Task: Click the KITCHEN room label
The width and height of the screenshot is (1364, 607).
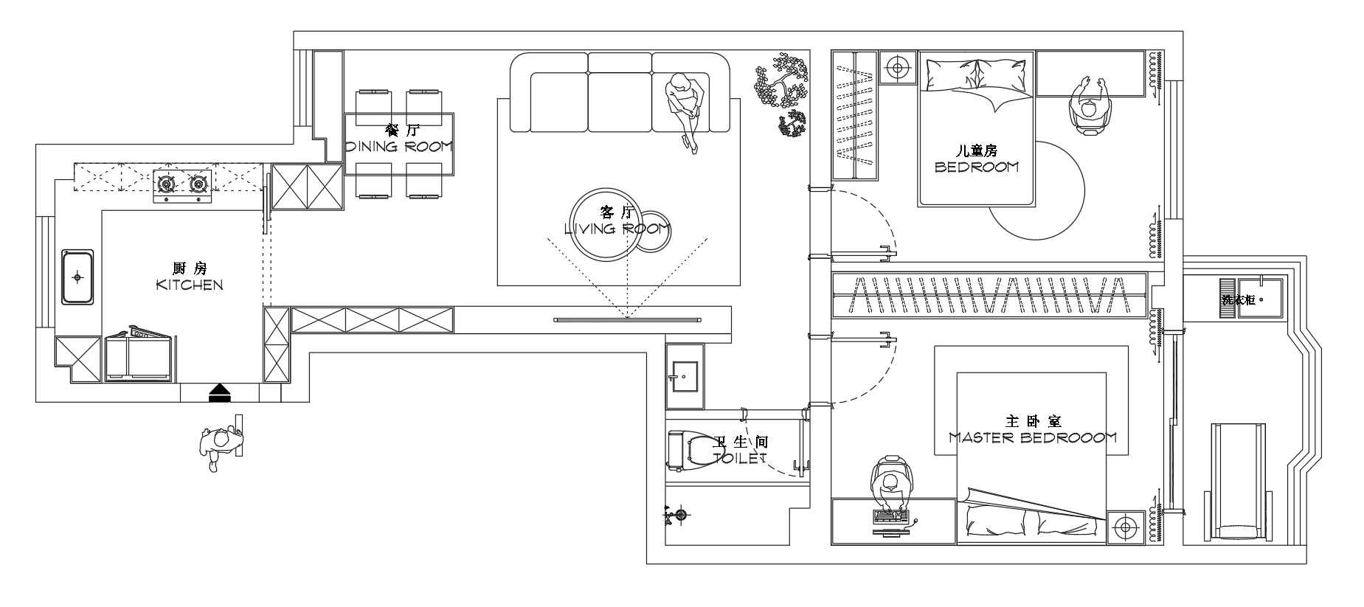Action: coord(190,285)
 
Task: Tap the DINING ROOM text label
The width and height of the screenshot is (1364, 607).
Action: coord(399,146)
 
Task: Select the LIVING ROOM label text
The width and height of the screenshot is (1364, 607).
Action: coord(617,229)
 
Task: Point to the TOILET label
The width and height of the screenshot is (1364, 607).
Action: coord(741,458)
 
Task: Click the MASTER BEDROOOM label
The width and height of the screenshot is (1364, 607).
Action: coord(1033,437)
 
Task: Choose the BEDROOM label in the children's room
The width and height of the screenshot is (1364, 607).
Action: coord(976,167)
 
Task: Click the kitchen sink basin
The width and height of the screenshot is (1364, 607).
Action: coord(77,277)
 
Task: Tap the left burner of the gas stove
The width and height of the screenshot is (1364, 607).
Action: coord(165,182)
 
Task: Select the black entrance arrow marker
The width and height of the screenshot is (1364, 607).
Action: coord(220,392)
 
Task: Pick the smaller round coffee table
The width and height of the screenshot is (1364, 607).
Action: coord(652,234)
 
